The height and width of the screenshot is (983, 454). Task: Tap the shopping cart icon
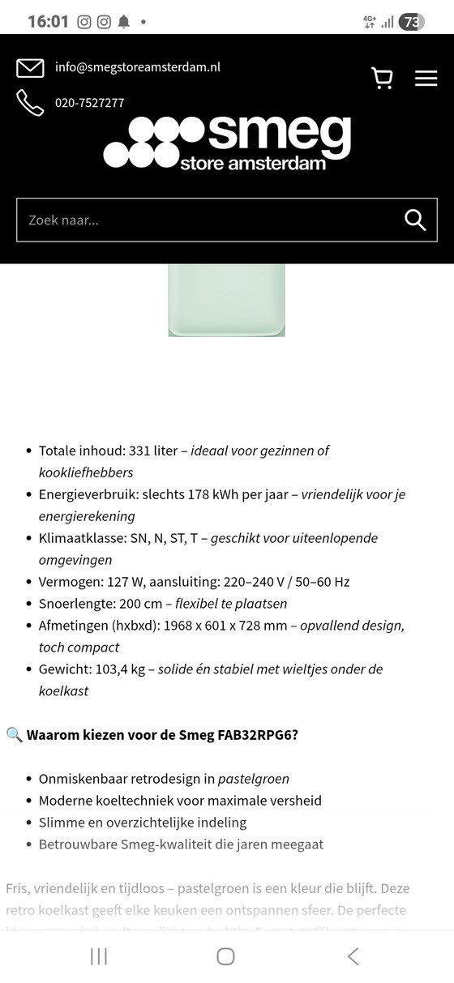click(x=382, y=78)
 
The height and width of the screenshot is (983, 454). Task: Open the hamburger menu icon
click(x=426, y=78)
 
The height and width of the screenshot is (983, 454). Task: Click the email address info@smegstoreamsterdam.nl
click(x=138, y=67)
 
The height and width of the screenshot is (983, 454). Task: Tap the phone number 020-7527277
click(x=89, y=103)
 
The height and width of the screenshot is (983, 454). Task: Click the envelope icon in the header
click(x=30, y=68)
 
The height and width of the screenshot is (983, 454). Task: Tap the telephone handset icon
click(x=30, y=103)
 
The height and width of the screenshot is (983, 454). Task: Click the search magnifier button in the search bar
click(x=415, y=220)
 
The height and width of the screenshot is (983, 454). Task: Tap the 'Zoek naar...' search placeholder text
click(x=64, y=220)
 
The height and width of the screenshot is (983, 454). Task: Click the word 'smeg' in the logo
click(x=280, y=133)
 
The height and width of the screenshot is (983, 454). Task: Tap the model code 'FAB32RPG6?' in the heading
click(x=258, y=735)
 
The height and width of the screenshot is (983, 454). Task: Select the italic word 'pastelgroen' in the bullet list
click(x=253, y=779)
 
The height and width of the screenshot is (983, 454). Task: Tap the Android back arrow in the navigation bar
click(x=353, y=956)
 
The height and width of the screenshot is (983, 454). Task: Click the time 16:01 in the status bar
click(x=48, y=22)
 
